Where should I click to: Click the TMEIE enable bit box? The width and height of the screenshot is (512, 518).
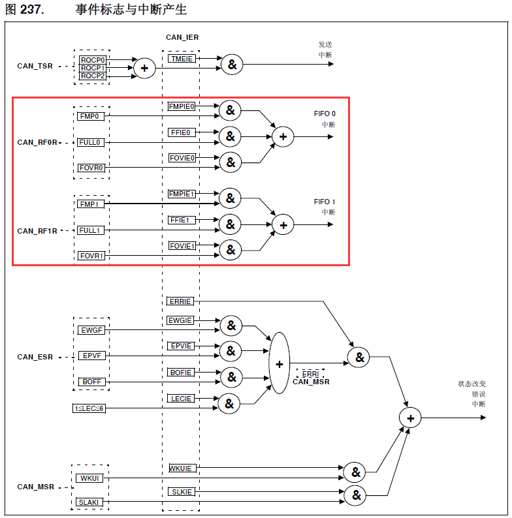[181, 59]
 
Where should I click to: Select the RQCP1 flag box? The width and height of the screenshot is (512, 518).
[92, 68]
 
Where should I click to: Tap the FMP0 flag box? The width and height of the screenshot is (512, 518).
[89, 116]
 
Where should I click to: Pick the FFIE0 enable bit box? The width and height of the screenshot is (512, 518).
[181, 132]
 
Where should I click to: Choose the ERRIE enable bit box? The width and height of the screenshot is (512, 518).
[180, 301]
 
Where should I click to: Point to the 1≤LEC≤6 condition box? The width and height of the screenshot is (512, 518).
[89, 408]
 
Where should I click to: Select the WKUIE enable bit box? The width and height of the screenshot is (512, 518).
[181, 468]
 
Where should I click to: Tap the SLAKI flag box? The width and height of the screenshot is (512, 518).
[89, 502]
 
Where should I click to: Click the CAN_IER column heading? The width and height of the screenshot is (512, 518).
[182, 37]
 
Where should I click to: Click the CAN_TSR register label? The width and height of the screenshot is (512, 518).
[35, 67]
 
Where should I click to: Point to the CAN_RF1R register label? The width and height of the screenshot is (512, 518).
[37, 231]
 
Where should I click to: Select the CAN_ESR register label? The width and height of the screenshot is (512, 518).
[35, 357]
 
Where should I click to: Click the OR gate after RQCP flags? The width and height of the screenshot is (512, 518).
[144, 67]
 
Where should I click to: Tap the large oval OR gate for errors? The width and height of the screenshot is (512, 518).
[279, 363]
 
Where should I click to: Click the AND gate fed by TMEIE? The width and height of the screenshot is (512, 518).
[231, 64]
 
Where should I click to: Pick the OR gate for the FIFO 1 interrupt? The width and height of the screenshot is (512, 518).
[283, 225]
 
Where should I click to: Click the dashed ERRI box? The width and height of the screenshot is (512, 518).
[310, 373]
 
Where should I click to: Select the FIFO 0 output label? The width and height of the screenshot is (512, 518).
[325, 114]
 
